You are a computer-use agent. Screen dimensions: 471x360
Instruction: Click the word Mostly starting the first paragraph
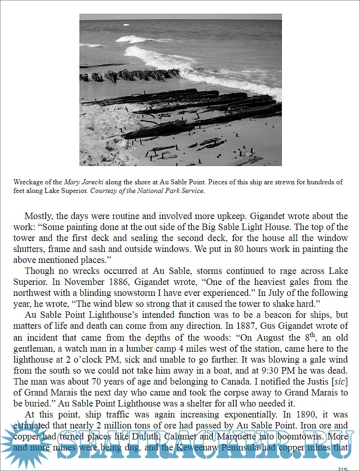pos(38,216)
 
